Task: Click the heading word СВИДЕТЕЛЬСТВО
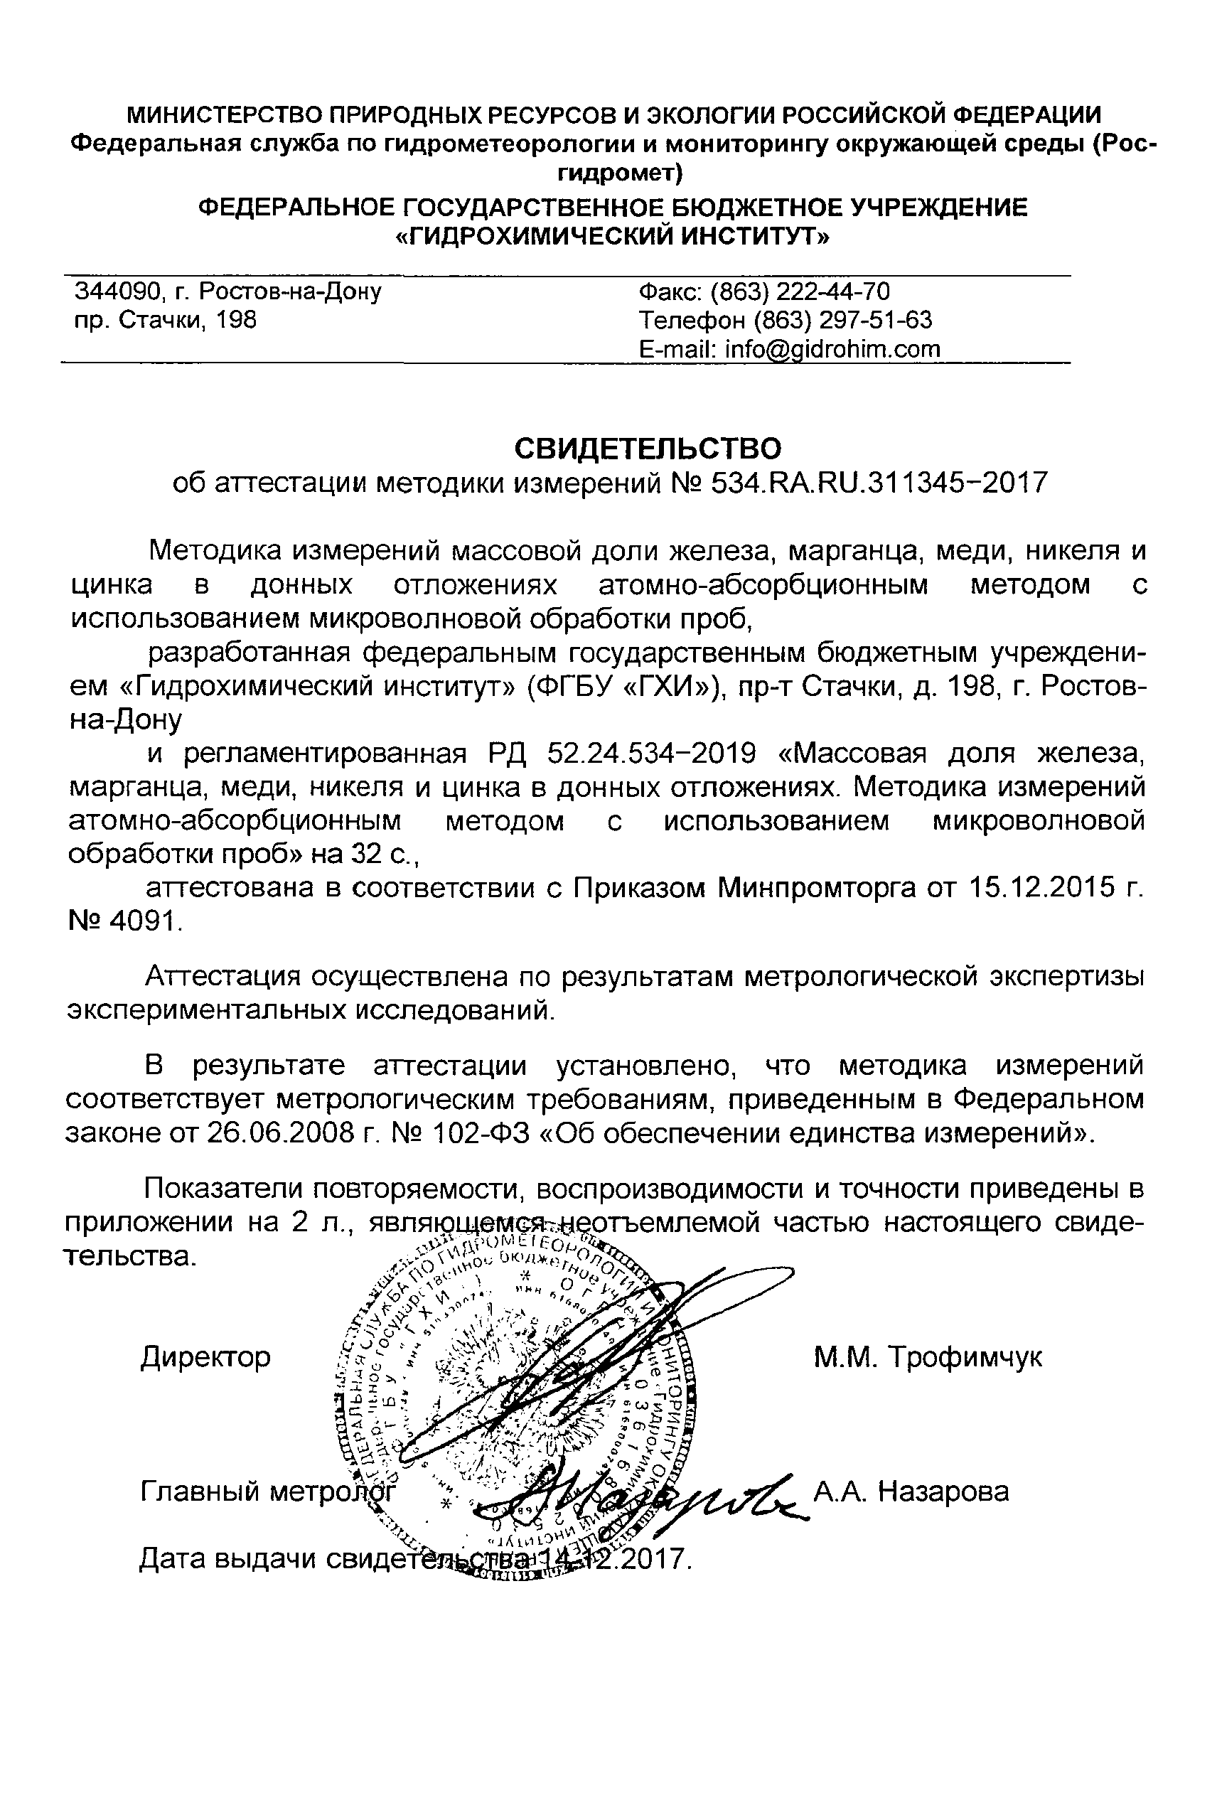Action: click(x=648, y=449)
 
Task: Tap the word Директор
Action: click(x=205, y=1357)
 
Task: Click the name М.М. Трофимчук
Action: click(x=928, y=1357)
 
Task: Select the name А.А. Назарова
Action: click(x=911, y=1491)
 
